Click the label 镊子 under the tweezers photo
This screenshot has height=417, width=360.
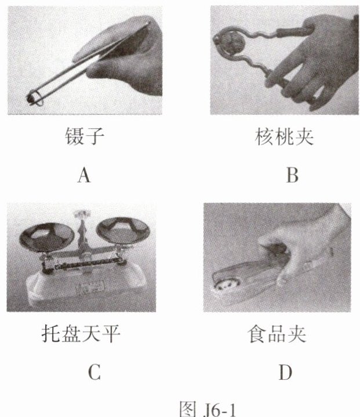tap(85, 136)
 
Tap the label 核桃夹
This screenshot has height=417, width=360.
tap(284, 137)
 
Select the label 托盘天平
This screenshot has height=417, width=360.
tap(81, 333)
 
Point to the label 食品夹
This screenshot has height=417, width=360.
tap(277, 334)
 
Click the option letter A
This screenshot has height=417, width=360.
tap(84, 175)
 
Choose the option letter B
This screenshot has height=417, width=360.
tap(292, 175)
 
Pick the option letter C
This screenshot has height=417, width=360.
tap(94, 372)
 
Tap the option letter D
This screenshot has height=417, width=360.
tap(285, 372)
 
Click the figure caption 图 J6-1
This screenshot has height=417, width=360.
tap(208, 409)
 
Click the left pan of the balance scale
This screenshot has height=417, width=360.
tap(47, 237)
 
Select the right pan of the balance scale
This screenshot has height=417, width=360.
tap(123, 230)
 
